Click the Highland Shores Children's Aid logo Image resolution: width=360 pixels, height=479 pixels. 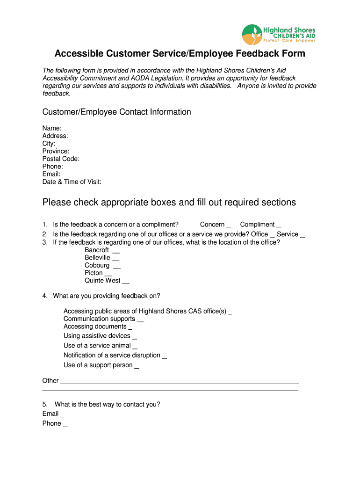coord(279,34)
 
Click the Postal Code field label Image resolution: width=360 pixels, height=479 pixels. coord(61,159)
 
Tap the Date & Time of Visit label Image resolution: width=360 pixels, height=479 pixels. coord(72,182)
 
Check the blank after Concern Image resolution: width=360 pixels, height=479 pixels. coord(229,225)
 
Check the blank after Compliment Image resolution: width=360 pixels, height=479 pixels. coord(279,225)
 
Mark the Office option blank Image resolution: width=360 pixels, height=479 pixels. coord(272,234)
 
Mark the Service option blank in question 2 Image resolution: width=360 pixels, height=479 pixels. coord(302,234)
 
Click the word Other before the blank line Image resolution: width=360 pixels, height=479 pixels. coord(50,381)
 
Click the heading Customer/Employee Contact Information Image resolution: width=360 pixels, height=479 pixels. coord(116,112)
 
